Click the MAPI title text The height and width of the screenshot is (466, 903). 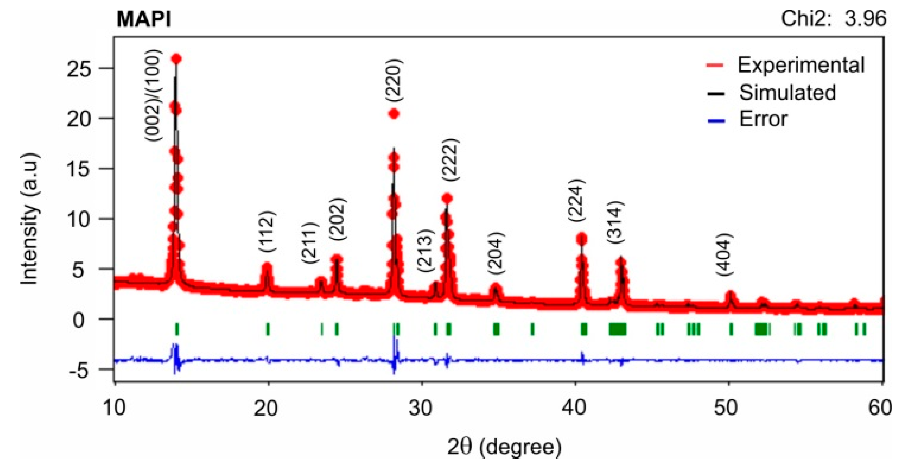[143, 19]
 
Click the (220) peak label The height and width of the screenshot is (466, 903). [394, 80]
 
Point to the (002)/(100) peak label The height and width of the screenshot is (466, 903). [154, 95]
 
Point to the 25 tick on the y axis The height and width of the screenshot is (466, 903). [79, 68]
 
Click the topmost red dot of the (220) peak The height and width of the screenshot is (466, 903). [394, 114]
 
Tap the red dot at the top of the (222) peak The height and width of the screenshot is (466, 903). [447, 199]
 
